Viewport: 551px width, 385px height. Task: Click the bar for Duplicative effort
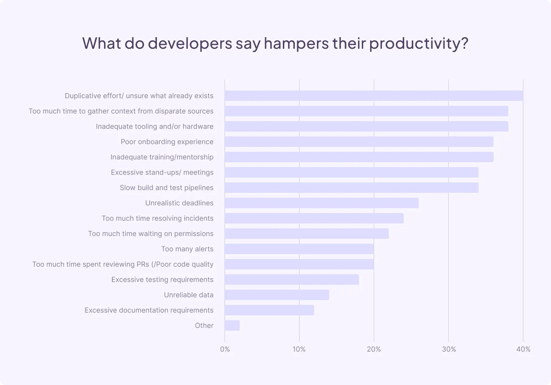374,96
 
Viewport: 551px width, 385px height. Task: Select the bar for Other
232,325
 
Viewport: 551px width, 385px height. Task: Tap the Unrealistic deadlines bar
321,203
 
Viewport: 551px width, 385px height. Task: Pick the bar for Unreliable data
277,295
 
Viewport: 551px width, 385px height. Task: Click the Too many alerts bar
299,249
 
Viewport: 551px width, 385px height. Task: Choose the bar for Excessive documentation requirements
269,310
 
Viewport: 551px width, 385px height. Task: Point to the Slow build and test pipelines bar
351,188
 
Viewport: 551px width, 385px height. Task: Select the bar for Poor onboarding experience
359,142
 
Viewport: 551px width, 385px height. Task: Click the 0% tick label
225,349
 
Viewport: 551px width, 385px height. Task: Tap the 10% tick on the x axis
299,349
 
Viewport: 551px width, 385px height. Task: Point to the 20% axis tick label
374,349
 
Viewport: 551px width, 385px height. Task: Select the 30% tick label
449,349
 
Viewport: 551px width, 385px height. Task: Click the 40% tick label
523,349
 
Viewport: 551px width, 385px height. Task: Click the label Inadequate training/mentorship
162,157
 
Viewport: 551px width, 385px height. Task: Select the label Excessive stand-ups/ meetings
162,172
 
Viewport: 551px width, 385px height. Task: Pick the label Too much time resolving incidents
158,218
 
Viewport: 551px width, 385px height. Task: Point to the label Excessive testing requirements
162,280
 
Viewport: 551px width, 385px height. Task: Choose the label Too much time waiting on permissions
151,234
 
